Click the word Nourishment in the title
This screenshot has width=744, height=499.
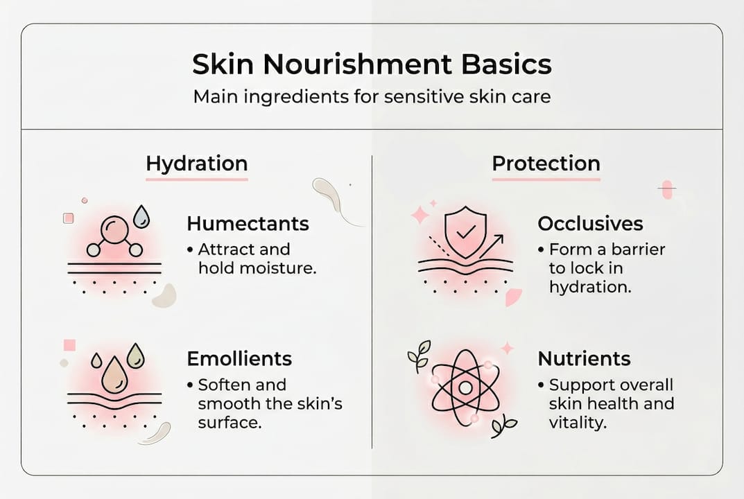pyautogui.click(x=354, y=64)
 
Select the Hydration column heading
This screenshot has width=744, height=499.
pyautogui.click(x=196, y=164)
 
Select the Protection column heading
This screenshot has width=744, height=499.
pyautogui.click(x=546, y=164)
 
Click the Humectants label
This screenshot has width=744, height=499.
pyautogui.click(x=248, y=224)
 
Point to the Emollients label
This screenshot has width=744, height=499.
pyautogui.click(x=239, y=358)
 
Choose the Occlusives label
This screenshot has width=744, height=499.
pyautogui.click(x=590, y=224)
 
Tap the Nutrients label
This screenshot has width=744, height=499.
pyautogui.click(x=584, y=358)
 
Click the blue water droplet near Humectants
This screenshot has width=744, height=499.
pyautogui.click(x=141, y=216)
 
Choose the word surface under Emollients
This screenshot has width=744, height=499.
pyautogui.click(x=230, y=421)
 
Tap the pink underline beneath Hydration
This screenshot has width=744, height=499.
pyautogui.click(x=196, y=180)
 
